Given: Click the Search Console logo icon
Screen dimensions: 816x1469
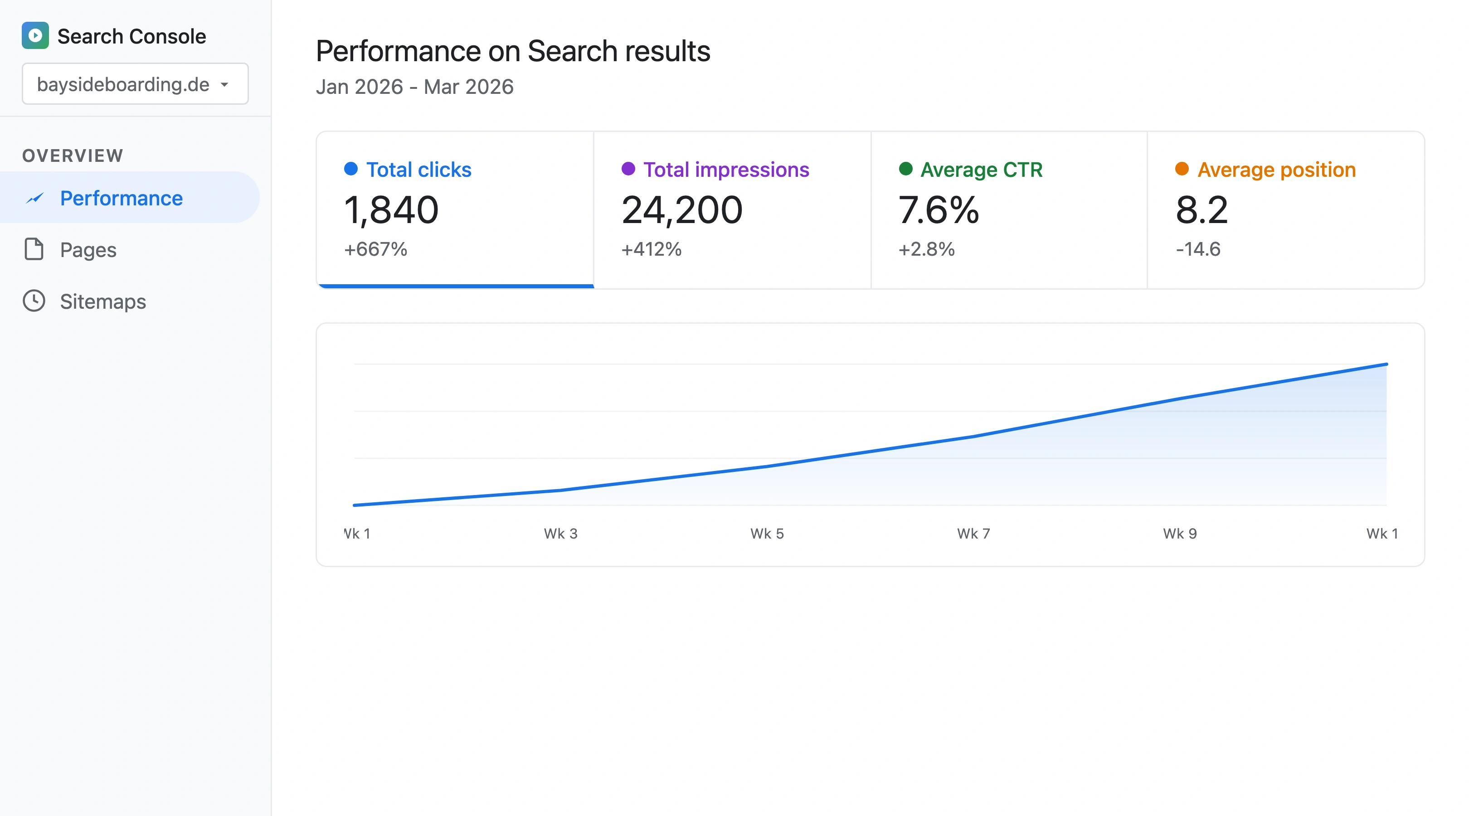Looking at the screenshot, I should tap(35, 35).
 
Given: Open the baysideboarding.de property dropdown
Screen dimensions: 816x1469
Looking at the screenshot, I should tap(135, 84).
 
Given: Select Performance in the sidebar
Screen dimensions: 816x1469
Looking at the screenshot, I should tap(121, 198).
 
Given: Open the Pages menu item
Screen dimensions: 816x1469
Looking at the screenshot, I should tap(88, 250).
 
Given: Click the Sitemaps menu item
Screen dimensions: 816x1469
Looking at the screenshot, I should tap(102, 301).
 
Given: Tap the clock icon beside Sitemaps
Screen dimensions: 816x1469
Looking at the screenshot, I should tap(34, 301).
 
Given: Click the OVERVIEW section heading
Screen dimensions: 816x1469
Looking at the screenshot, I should tap(73, 155).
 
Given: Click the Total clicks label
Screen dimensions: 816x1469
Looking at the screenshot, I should tap(418, 170).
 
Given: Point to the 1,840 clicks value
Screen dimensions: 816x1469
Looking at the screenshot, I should tap(391, 210).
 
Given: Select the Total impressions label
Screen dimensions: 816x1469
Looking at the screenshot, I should tap(725, 170).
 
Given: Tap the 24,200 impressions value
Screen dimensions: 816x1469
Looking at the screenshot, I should tap(682, 210).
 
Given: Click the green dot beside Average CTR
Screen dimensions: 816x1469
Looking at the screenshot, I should tap(905, 169).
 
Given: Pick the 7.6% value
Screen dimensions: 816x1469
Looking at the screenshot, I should tap(939, 210).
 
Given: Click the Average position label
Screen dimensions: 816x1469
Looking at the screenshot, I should tap(1276, 170).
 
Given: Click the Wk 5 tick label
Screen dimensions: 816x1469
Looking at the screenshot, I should tap(767, 533).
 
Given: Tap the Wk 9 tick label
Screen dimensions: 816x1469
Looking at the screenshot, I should tap(1180, 533).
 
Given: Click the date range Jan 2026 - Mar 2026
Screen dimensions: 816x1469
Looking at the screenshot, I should tap(414, 87).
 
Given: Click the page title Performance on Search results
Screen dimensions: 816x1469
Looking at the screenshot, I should tap(513, 51).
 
